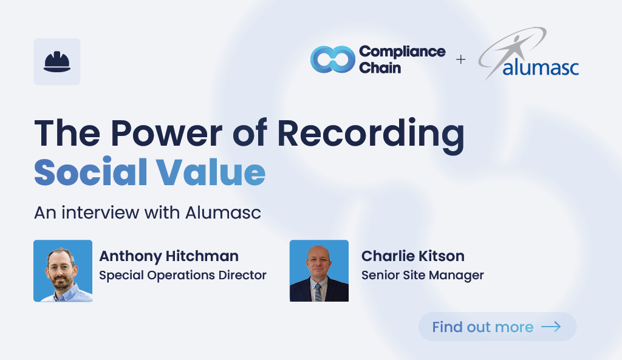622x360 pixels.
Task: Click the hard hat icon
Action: point(57,62)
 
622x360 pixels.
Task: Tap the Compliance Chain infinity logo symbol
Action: point(332,59)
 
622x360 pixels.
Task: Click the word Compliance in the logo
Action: point(402,52)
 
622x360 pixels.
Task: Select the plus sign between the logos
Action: point(460,59)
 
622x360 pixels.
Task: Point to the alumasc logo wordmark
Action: point(540,67)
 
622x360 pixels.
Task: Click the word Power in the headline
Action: point(166,133)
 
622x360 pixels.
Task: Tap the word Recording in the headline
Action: point(371,135)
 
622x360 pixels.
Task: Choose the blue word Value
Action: point(211,172)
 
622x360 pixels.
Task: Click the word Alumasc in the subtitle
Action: point(223,212)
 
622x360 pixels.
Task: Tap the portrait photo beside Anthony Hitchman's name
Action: point(63,271)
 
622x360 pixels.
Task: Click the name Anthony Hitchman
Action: point(169,257)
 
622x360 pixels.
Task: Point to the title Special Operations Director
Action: point(182,275)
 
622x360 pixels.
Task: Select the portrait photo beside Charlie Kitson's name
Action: point(319,271)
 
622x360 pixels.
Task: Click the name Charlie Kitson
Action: point(412,256)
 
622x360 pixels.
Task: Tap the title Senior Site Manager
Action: point(423,275)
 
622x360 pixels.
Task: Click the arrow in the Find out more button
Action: point(551,327)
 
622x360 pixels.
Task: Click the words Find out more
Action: point(482,327)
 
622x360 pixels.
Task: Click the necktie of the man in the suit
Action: point(318,292)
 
